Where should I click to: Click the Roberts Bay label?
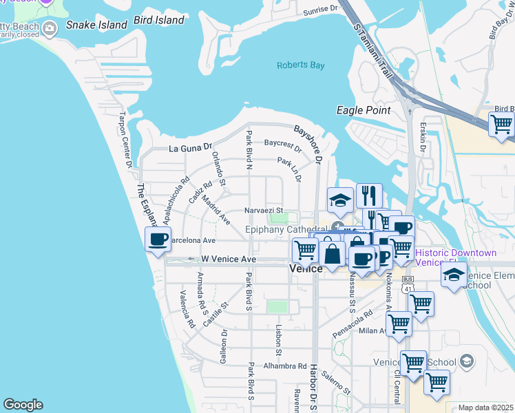[299, 65]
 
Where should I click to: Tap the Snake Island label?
[96, 25]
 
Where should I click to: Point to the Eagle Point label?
[364, 110]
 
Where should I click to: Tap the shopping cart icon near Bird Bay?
[501, 125]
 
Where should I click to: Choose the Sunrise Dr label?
[323, 10]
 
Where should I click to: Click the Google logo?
[23, 405]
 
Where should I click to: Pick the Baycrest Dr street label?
[282, 145]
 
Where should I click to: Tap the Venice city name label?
[306, 269]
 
